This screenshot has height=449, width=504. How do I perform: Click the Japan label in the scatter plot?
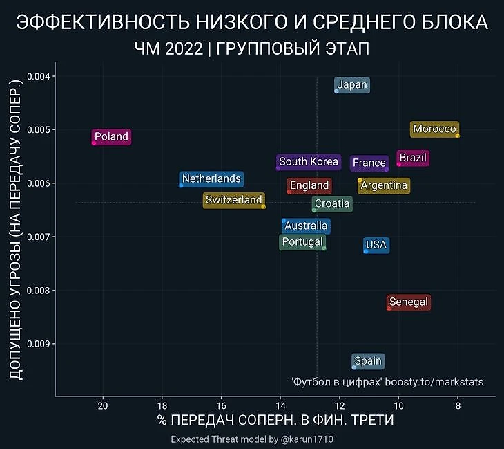coord(352,85)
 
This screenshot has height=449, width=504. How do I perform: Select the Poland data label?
coord(111,137)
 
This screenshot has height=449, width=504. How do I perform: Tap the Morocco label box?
coord(434,129)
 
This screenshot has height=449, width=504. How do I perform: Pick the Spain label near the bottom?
coord(367,361)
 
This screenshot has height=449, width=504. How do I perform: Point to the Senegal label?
coord(409,302)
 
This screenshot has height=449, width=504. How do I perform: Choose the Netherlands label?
coord(211,179)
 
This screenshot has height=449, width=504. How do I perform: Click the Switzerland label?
coord(234,201)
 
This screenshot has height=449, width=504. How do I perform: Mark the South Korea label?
coord(309,162)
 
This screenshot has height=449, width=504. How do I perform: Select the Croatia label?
coord(332,204)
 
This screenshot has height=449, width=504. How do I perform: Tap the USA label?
coord(376,245)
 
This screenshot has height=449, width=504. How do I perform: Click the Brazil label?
coord(413,158)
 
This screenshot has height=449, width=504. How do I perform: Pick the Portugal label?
coord(302,242)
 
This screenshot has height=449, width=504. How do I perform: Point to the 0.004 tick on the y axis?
coord(43,76)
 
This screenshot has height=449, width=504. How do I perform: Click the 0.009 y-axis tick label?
coord(43,344)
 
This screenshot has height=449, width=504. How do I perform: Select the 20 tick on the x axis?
coord(103,405)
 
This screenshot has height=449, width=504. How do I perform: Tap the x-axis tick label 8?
coord(458,405)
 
